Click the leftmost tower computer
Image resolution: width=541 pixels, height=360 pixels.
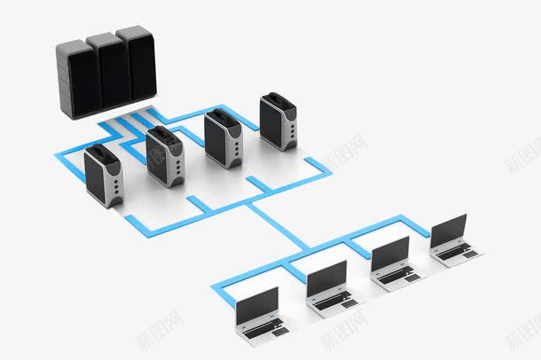click(x=104, y=176)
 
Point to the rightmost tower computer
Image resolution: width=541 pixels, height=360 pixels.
click(x=278, y=121)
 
